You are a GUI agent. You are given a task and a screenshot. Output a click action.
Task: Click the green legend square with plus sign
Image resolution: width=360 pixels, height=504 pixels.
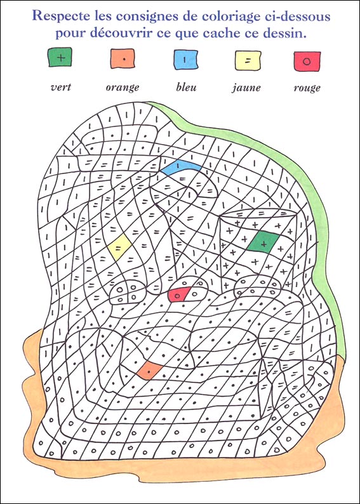pyautogui.click(x=60, y=58)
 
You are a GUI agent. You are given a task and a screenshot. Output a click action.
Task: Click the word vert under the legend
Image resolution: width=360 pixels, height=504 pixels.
pyautogui.click(x=60, y=87)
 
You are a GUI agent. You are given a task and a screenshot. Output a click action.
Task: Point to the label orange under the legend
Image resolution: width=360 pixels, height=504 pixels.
pyautogui.click(x=122, y=88)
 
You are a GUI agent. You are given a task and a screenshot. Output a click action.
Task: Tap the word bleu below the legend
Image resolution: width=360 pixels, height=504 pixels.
pyautogui.click(x=185, y=87)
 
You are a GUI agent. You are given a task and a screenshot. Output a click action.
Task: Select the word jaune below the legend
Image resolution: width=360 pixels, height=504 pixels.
pyautogui.click(x=246, y=88)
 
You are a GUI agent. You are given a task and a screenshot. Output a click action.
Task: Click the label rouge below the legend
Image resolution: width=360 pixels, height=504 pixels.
pyautogui.click(x=307, y=88)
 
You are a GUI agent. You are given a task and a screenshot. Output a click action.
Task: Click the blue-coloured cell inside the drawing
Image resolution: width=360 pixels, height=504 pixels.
pyautogui.click(x=180, y=168)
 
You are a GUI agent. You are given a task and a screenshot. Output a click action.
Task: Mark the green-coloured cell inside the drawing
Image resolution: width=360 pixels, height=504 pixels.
pyautogui.click(x=262, y=242)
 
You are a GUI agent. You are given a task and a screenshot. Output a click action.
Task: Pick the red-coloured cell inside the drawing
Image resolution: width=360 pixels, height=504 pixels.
pyautogui.click(x=180, y=293)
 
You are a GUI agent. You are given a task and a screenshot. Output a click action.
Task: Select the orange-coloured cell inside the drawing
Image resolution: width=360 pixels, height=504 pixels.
pyautogui.click(x=148, y=369)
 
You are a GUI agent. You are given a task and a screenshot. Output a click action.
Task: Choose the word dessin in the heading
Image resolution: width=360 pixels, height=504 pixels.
pyautogui.click(x=283, y=32)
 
